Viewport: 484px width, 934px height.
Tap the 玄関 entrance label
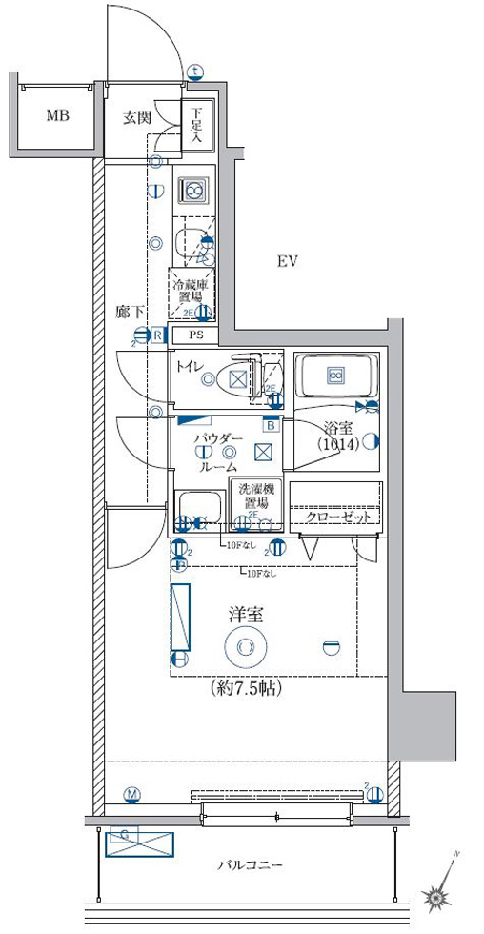pyautogui.click(x=136, y=118)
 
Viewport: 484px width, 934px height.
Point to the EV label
pyautogui.click(x=289, y=262)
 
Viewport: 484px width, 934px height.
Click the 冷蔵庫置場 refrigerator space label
pyautogui.click(x=191, y=287)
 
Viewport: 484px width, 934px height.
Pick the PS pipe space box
pyautogui.click(x=195, y=335)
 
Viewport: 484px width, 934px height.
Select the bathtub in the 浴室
pyautogui.click(x=335, y=377)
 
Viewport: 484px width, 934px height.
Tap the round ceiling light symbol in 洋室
pyautogui.click(x=245, y=647)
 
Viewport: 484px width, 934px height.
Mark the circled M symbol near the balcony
pyautogui.click(x=131, y=794)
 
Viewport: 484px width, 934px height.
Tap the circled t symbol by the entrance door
pyautogui.click(x=195, y=71)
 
